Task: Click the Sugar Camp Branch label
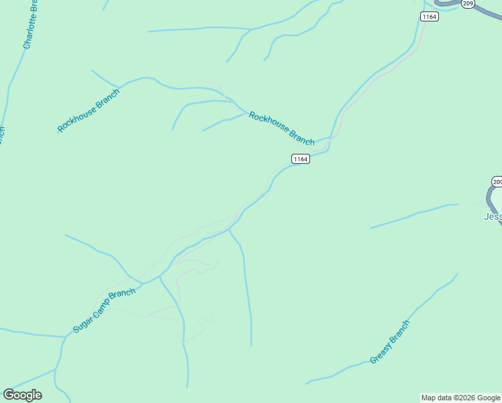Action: point(104,310)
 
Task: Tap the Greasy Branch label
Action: point(390,342)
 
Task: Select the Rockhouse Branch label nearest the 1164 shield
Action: point(281,128)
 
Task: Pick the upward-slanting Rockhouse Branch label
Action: point(88,110)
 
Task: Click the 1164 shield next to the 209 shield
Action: point(430,16)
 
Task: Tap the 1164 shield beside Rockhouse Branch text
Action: point(300,159)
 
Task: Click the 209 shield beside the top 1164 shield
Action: point(468,3)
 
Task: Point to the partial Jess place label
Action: point(493,216)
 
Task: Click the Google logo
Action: point(22,395)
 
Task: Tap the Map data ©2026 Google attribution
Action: point(461,398)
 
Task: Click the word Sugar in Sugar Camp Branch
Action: point(82,325)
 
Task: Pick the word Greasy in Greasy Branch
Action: point(381,352)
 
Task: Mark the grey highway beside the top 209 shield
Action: point(487,10)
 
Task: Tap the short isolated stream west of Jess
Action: point(413,215)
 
